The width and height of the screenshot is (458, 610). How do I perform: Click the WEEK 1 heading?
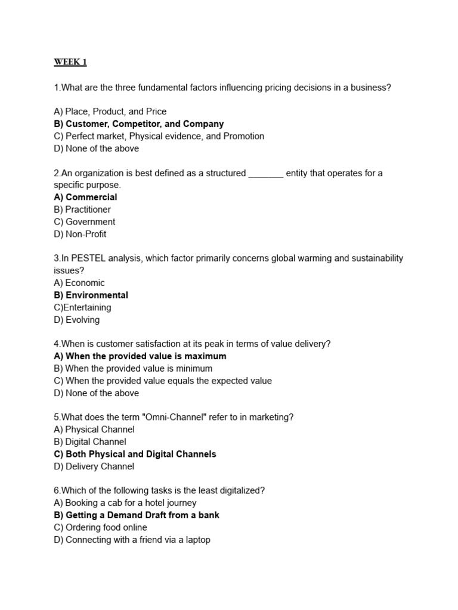pos(70,62)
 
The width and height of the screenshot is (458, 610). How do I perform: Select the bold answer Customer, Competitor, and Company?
pos(138,124)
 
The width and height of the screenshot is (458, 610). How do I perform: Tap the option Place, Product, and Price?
pos(110,111)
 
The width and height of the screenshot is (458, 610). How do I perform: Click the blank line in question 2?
pos(265,174)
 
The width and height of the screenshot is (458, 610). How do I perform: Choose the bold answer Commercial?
pos(85,197)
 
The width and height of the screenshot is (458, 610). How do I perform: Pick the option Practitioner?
pos(82,210)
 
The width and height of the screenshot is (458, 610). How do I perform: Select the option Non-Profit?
pos(80,234)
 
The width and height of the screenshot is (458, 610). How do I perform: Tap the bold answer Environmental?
pos(91,295)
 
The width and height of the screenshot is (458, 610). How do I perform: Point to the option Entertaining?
pos(82,307)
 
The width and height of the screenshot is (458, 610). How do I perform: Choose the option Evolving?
pos(77,320)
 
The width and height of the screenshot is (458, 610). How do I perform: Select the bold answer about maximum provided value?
pos(140,356)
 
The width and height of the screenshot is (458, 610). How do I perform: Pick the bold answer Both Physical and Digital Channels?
pos(135,454)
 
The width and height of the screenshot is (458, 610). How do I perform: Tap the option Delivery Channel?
pos(94,466)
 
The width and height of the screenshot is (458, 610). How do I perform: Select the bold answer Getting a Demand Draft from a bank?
pos(137,515)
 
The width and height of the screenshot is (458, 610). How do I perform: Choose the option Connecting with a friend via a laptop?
pos(132,540)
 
